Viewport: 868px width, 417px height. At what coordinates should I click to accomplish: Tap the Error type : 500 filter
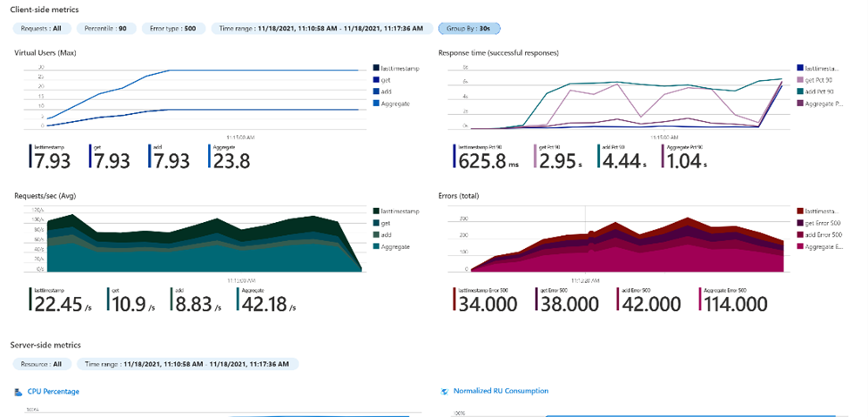point(174,28)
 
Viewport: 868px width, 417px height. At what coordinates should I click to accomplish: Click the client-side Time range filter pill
point(321,28)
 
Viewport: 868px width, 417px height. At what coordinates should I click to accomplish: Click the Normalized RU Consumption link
point(501,391)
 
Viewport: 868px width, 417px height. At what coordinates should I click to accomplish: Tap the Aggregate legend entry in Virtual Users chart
point(394,104)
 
